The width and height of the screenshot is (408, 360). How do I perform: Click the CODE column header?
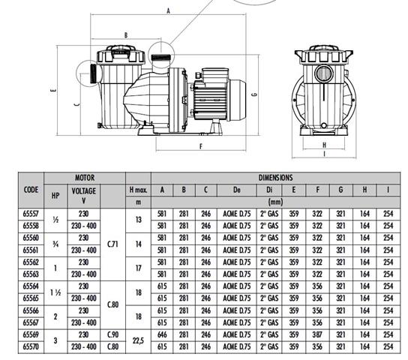(31, 190)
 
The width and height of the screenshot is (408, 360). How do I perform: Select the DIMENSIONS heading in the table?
(275, 178)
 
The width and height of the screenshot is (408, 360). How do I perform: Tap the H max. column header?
(139, 190)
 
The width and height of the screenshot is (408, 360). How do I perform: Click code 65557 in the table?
(31, 214)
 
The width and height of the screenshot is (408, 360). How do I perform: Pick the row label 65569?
(31, 334)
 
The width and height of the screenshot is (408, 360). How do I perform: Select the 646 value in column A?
(162, 334)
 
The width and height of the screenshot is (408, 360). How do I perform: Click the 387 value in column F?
(317, 334)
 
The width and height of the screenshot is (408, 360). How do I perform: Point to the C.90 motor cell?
(112, 334)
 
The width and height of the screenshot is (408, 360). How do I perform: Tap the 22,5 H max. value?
(138, 340)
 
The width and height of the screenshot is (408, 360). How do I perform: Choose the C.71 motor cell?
(112, 244)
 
